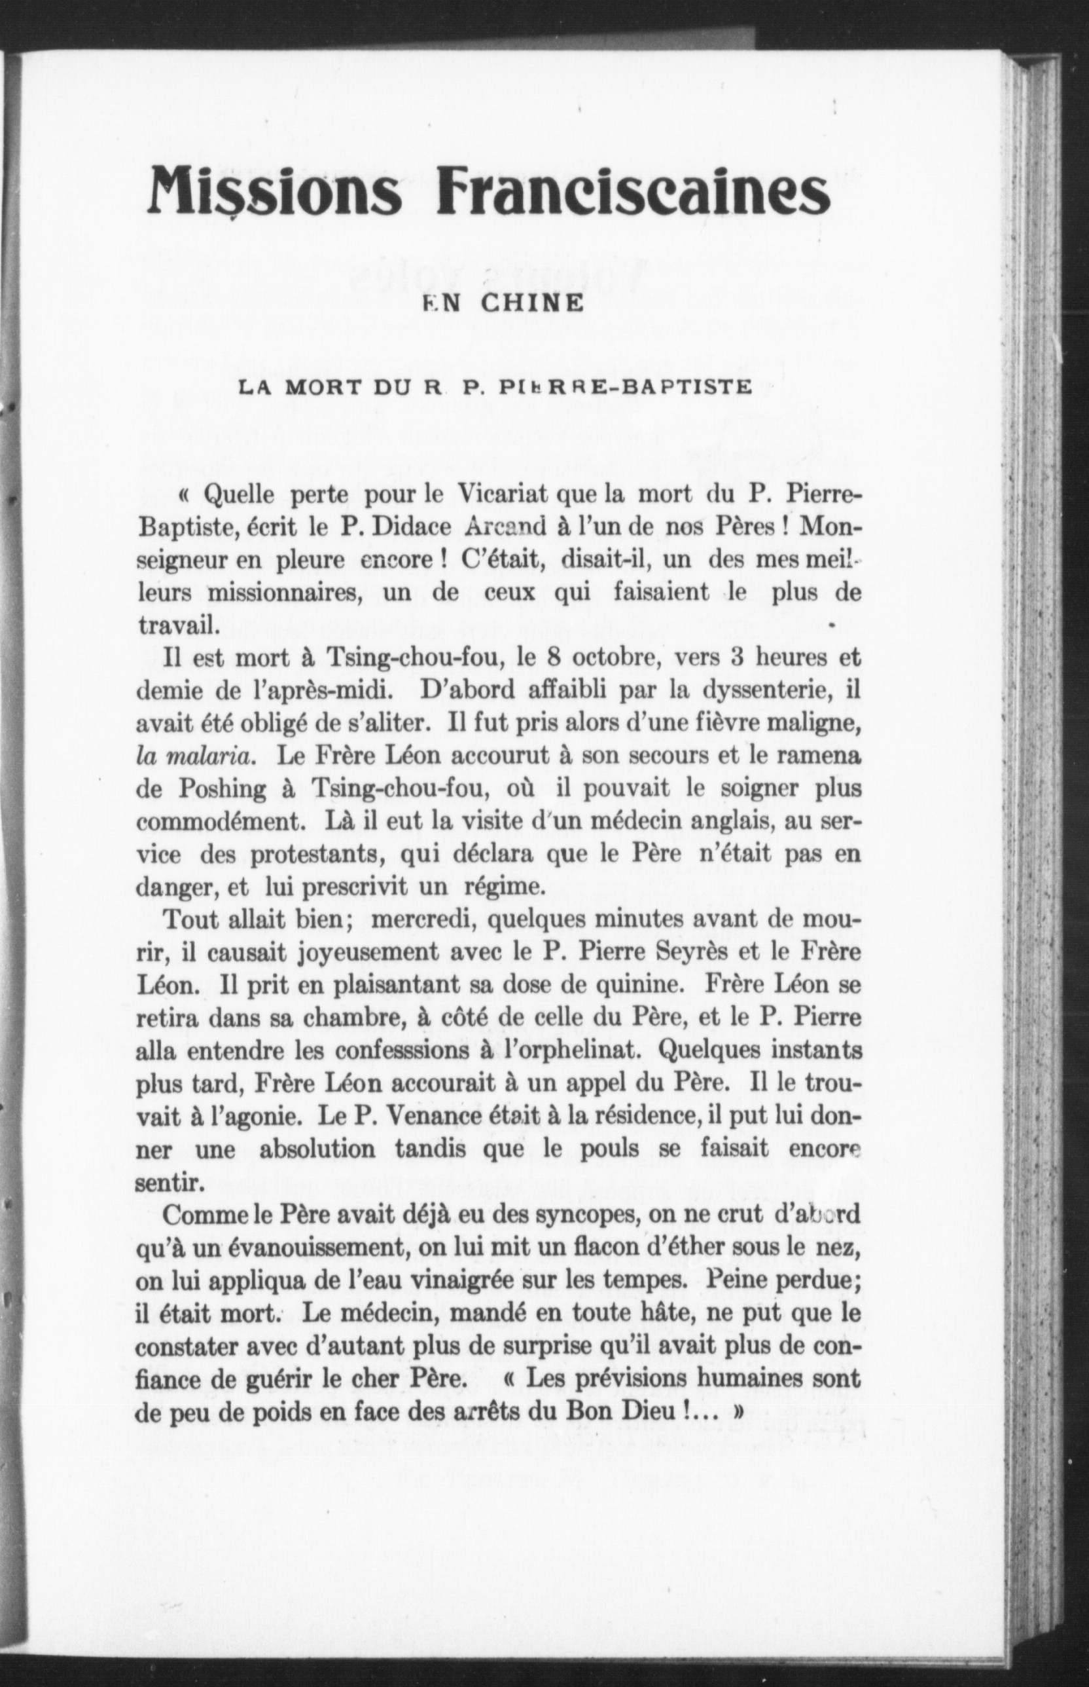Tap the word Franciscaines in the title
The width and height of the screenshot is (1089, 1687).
(x=632, y=192)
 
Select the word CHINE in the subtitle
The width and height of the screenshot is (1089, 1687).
(x=533, y=304)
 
